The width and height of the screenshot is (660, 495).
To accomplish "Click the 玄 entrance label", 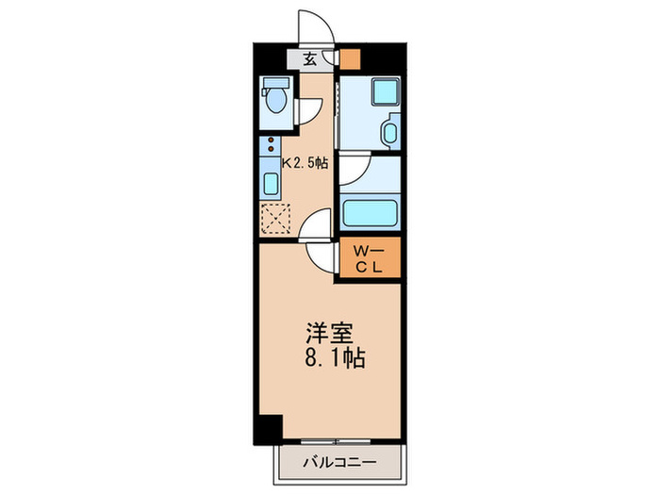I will [x=310, y=58].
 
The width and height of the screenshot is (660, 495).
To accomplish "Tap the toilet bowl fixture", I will [x=276, y=98].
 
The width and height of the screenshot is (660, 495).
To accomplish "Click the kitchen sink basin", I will [x=272, y=184].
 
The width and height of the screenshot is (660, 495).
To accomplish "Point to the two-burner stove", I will [x=272, y=147].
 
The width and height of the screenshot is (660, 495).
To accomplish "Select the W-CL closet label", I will [x=369, y=258].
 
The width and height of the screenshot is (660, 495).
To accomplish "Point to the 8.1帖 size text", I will [x=335, y=359].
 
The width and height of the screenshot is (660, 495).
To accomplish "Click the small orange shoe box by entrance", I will [x=350, y=58].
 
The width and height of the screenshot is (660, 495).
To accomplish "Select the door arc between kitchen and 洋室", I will [x=317, y=227].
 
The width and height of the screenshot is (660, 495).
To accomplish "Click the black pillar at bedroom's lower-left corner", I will [x=270, y=428].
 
